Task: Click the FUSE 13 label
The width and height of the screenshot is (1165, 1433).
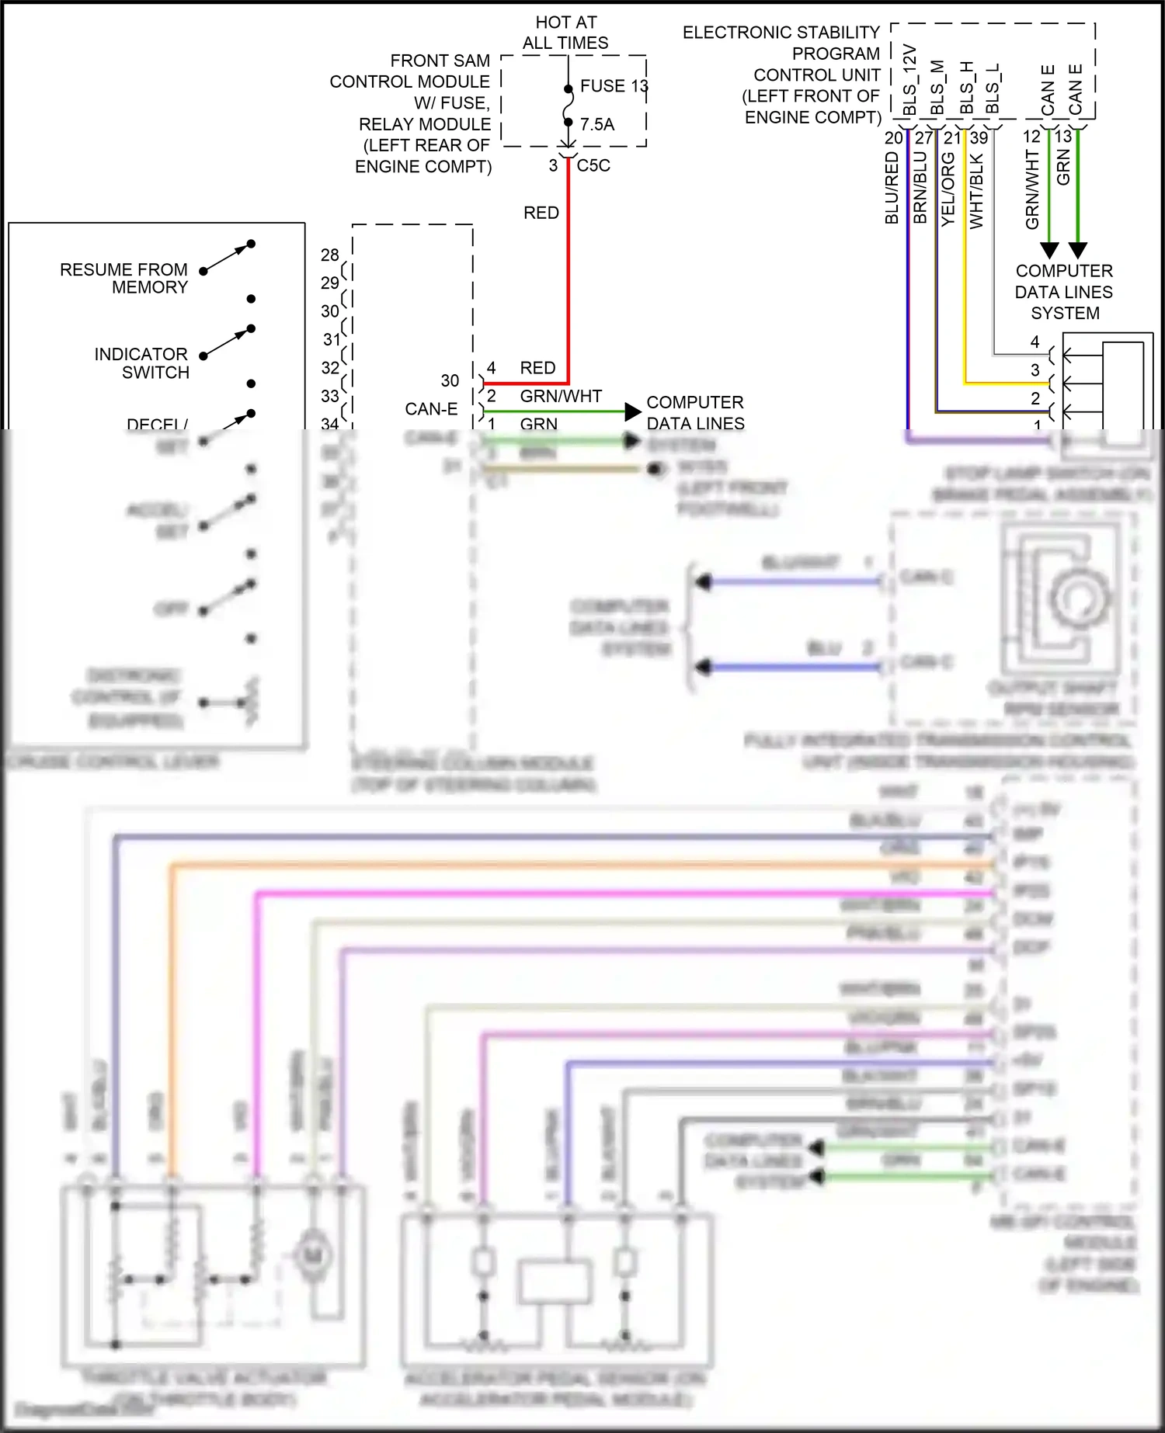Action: (x=614, y=85)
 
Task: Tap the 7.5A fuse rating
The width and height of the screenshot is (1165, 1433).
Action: (x=596, y=124)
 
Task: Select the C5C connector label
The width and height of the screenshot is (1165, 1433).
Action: (x=593, y=165)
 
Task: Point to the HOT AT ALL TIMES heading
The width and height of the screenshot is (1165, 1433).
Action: (x=565, y=33)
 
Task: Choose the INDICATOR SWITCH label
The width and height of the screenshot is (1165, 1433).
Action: (x=141, y=363)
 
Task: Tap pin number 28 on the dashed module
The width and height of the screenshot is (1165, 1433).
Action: (x=330, y=255)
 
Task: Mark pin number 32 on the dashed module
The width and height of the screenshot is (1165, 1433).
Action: (x=330, y=367)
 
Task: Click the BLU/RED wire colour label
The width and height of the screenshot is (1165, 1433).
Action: (x=892, y=188)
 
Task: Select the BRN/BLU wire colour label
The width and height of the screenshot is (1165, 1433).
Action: (x=920, y=188)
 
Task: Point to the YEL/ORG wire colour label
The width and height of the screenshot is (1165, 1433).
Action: (x=948, y=189)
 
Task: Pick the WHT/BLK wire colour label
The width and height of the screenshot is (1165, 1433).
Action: (x=976, y=191)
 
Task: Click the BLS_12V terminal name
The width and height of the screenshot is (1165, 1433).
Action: (x=910, y=80)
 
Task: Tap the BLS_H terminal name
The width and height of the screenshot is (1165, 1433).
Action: (x=966, y=88)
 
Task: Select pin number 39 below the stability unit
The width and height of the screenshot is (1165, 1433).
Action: (x=979, y=138)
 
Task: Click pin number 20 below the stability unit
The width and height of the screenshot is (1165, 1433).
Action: (x=894, y=138)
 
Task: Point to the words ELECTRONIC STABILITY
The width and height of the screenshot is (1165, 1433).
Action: (x=781, y=33)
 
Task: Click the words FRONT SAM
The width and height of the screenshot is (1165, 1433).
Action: (x=440, y=61)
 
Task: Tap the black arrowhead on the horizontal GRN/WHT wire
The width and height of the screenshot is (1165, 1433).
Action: (x=633, y=411)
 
